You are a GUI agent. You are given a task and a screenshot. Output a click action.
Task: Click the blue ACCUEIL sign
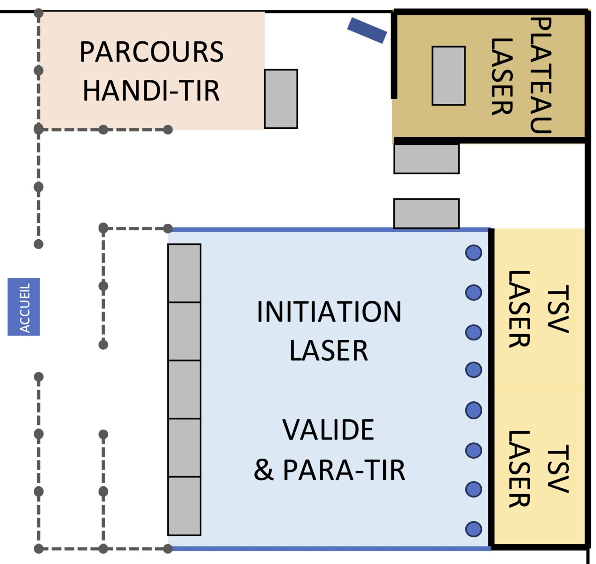point(24,306)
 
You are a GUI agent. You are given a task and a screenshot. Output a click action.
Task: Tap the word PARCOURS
point(151,52)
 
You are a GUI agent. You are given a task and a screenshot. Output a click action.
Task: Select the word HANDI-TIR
point(151,90)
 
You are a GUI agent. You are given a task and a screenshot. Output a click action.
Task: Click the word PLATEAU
point(541,75)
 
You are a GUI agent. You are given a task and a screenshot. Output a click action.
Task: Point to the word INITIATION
point(329,312)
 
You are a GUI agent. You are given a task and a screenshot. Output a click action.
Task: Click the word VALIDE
point(328,430)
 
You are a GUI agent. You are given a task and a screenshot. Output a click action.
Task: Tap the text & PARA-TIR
point(329,470)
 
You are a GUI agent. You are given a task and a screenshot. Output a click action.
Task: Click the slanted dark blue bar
point(367,31)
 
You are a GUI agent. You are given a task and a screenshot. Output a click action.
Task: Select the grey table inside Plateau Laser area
point(448,76)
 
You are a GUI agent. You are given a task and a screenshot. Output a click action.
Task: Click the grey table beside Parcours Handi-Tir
point(281,99)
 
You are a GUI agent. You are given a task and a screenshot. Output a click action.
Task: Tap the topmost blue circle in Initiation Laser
point(473,252)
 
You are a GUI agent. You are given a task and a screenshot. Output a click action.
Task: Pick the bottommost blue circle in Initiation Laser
point(473,529)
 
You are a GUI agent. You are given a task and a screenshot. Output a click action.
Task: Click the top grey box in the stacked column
point(184,273)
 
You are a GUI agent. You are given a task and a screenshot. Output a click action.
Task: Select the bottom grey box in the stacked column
point(184,506)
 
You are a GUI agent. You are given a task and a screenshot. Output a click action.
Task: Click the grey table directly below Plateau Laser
point(426,159)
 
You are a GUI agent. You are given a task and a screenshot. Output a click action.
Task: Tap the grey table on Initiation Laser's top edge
point(426,213)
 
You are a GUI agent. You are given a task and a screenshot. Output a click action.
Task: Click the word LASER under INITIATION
point(329,351)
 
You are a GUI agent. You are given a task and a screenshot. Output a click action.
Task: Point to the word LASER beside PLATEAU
point(502,77)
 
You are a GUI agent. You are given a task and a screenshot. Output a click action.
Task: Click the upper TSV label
point(557,309)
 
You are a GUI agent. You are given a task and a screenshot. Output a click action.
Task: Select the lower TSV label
point(557,469)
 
